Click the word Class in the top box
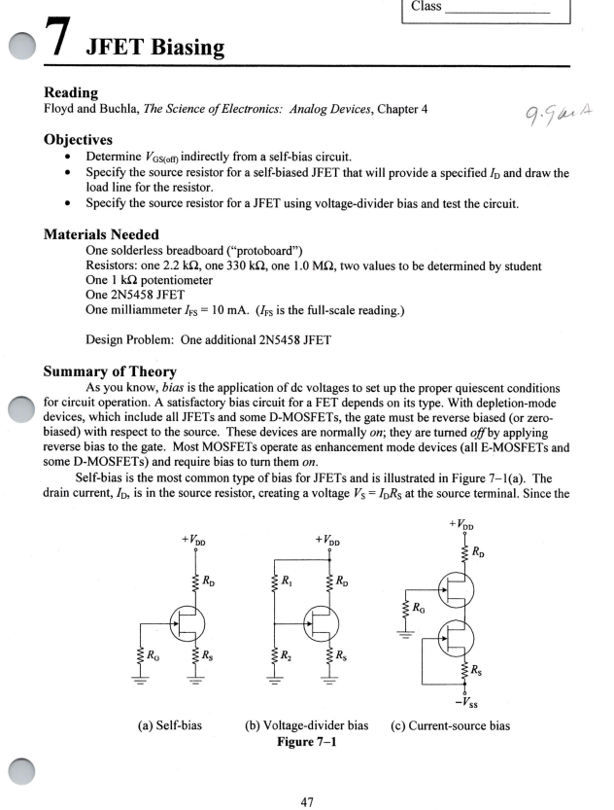426,7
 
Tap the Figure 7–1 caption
305,722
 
